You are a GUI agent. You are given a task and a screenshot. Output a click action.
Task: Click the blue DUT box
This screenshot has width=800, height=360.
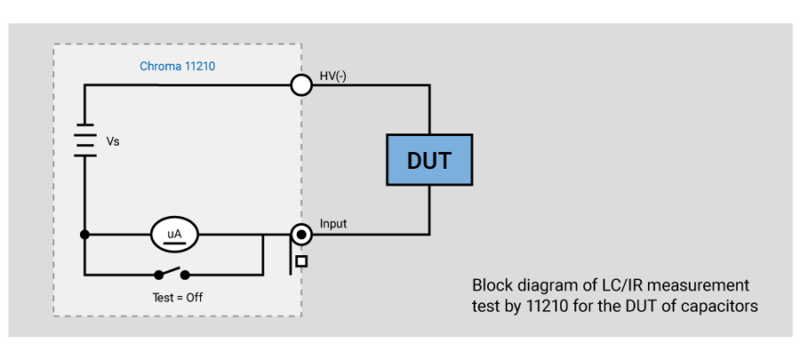[429, 161]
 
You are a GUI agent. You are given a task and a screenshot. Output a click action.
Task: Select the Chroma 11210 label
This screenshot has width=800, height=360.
[178, 67]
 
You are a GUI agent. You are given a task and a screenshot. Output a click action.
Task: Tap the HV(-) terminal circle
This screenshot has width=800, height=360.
[301, 84]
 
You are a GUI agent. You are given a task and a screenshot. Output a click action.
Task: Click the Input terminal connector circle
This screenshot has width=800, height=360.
[301, 235]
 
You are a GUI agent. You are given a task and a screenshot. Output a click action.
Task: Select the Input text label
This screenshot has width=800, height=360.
[333, 224]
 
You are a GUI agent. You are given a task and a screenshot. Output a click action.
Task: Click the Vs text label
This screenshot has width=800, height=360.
[113, 141]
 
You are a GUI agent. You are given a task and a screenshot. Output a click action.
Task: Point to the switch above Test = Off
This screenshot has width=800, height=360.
[172, 275]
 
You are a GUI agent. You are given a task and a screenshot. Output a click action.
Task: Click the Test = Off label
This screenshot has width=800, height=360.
[178, 297]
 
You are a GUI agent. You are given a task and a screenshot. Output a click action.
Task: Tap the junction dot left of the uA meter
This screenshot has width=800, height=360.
[84, 235]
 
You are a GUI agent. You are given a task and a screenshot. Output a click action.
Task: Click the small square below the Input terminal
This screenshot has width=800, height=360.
[301, 261]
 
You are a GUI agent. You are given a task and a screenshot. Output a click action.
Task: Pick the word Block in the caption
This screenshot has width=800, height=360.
[492, 285]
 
